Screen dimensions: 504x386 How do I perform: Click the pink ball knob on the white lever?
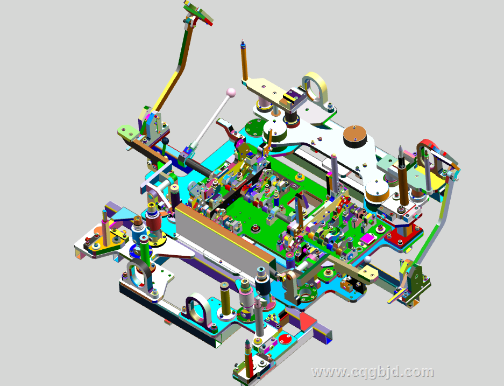click(231, 93)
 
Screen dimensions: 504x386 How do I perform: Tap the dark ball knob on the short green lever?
click(165, 141)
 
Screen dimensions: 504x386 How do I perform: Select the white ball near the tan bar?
click(367, 259)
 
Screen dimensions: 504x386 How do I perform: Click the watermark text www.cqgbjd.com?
click(373, 372)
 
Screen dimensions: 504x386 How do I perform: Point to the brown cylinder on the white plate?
click(355, 136)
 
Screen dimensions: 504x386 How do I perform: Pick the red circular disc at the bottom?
click(285, 339)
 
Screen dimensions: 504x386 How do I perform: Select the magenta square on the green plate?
click(367, 238)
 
